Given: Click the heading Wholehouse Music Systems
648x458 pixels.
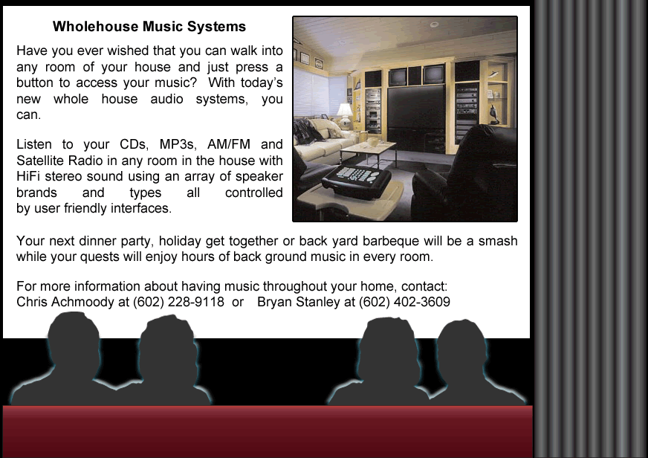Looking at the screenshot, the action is click(x=149, y=27).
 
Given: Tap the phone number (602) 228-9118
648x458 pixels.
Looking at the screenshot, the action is click(x=178, y=302).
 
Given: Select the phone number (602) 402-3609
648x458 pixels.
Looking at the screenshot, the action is click(x=404, y=302).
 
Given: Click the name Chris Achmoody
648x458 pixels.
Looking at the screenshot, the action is click(x=65, y=302).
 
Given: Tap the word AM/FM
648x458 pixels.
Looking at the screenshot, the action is click(x=229, y=144).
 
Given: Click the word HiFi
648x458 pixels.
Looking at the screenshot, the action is click(x=28, y=176).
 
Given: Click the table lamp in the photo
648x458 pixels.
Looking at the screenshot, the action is click(x=345, y=115).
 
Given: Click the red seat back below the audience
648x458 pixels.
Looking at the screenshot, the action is click(x=268, y=431).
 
